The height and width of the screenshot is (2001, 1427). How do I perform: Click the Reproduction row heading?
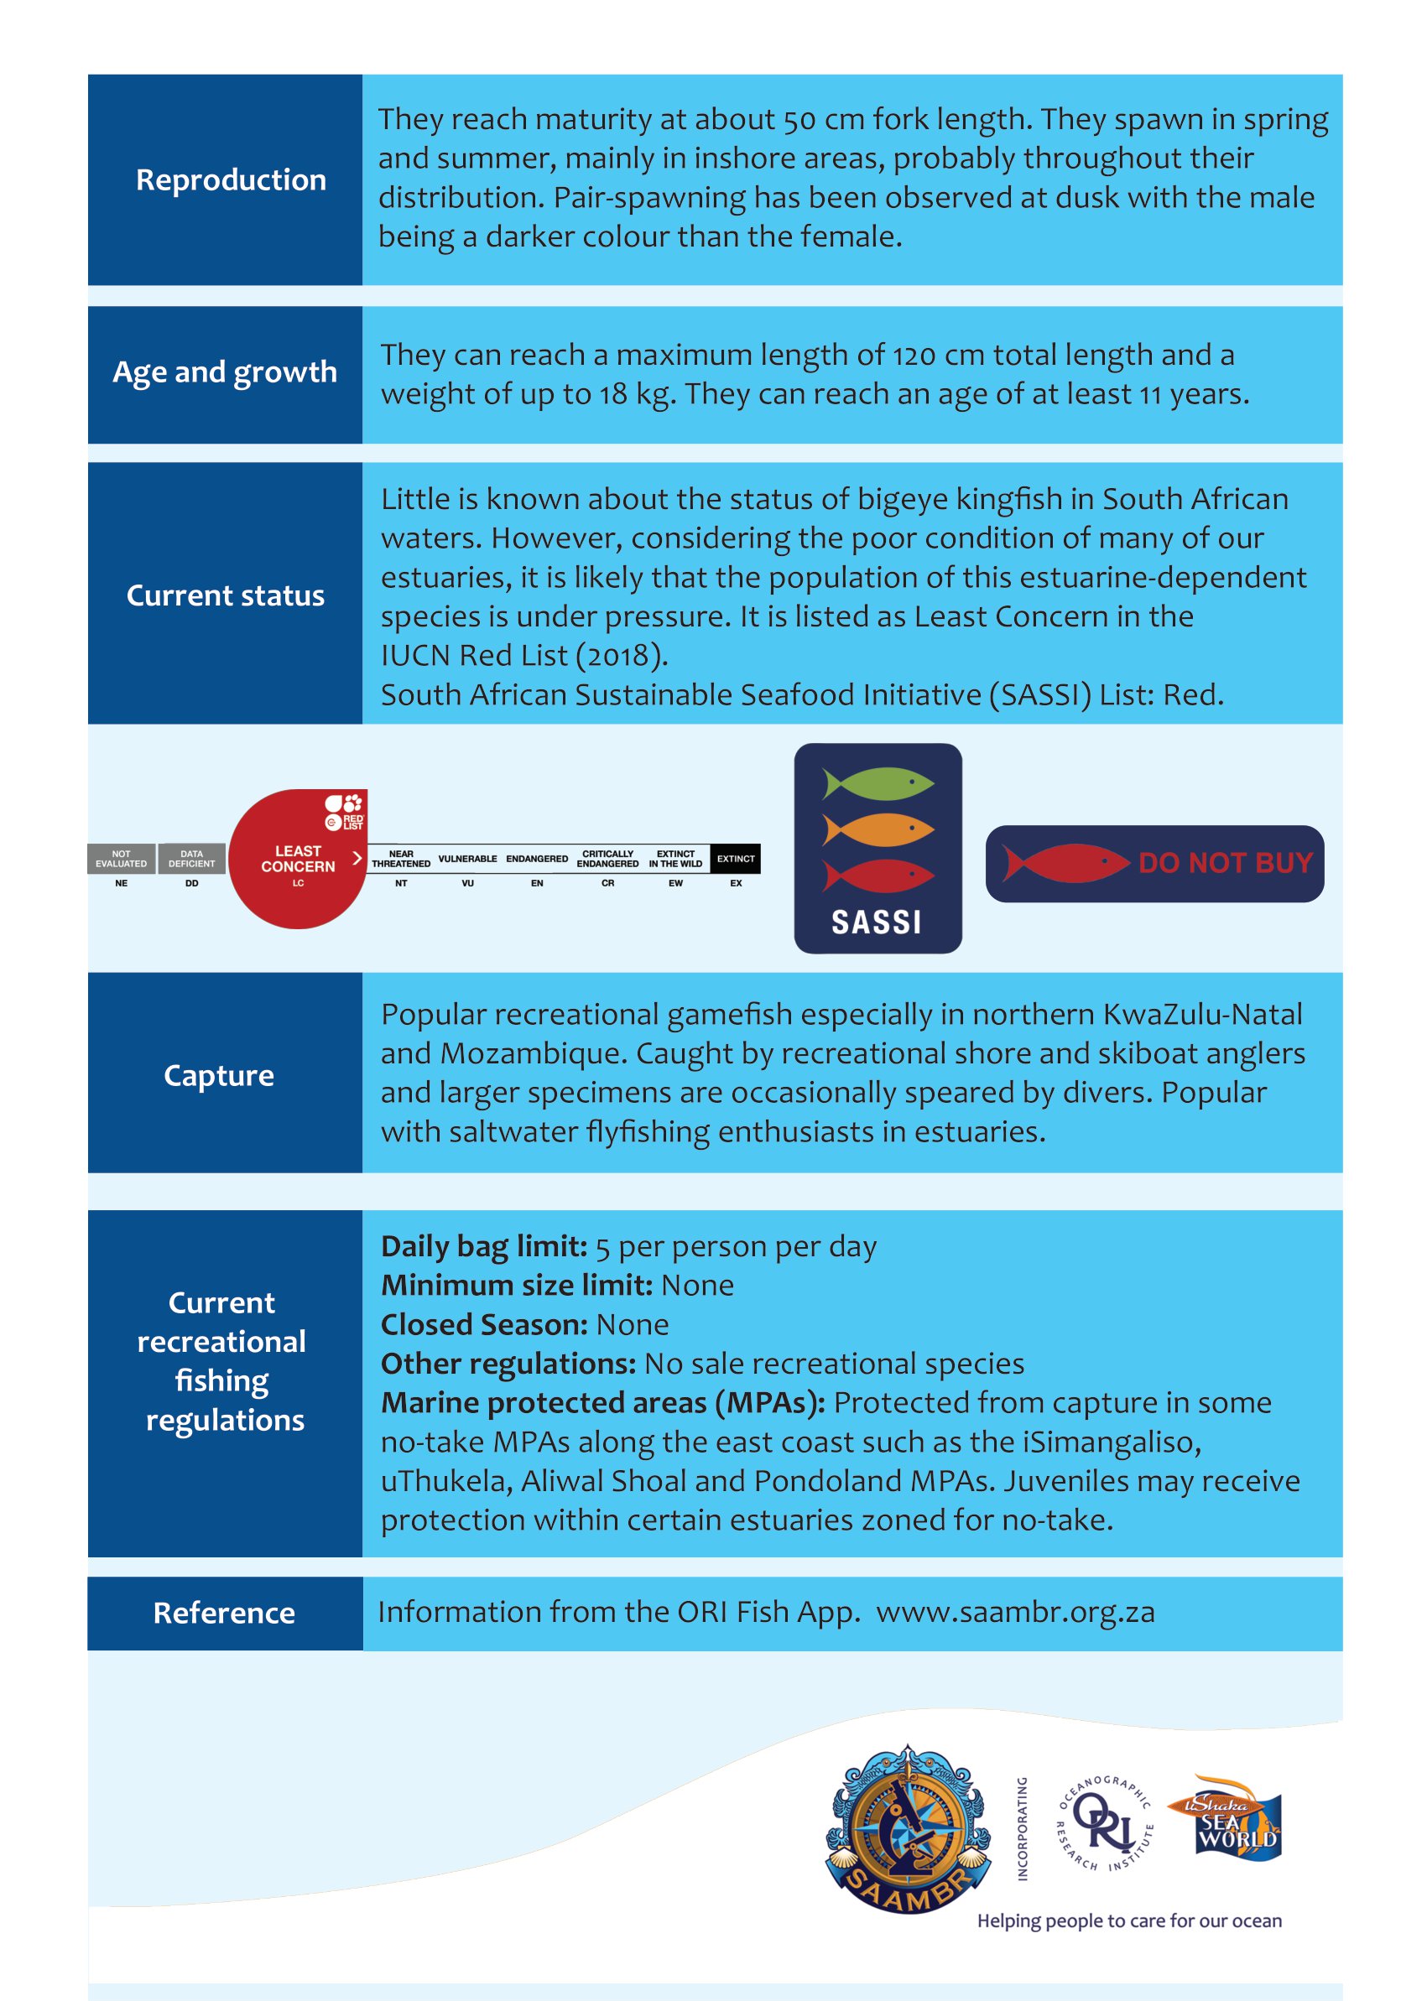pos(230,180)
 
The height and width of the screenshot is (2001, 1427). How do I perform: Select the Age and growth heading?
pos(225,372)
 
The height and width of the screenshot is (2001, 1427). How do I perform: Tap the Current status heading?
pos(225,595)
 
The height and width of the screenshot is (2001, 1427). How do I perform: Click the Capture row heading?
pos(219,1075)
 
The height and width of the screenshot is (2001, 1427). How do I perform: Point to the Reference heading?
pos(224,1613)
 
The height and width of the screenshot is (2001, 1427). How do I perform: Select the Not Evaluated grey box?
pos(122,858)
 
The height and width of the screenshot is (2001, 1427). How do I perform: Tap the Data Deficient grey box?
pos(191,858)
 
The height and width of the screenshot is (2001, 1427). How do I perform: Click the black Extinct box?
pos(736,858)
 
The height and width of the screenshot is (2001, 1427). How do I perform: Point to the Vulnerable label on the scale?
pos(467,858)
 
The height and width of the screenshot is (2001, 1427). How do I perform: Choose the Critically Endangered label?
pos(607,858)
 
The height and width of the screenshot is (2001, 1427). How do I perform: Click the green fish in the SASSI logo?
pos(878,782)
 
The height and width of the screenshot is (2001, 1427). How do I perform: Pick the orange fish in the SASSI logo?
pos(878,829)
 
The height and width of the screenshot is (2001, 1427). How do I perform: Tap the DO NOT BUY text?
pos(1225,863)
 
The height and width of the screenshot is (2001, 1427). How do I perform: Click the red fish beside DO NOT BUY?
pos(1065,863)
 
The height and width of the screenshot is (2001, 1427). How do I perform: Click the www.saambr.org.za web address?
pos(1015,1613)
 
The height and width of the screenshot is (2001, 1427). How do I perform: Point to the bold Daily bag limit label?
pos(484,1246)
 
